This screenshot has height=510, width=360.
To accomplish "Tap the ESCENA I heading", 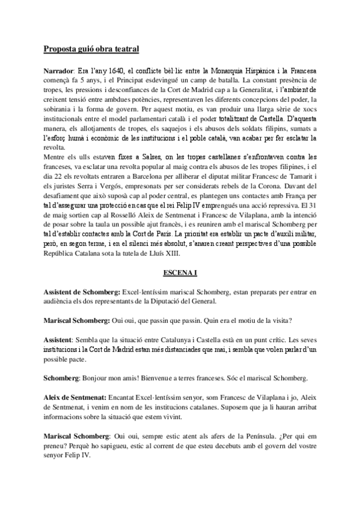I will [180, 272].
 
